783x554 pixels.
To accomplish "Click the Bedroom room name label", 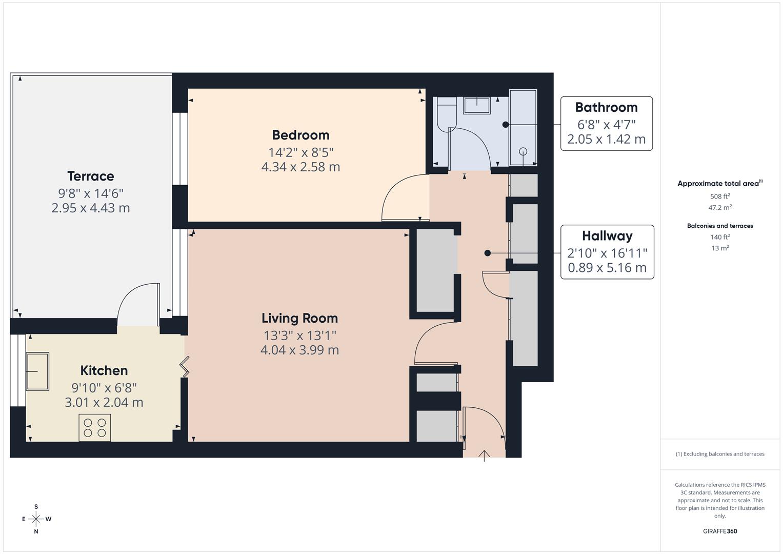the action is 300,135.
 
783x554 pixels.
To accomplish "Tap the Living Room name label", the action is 299,318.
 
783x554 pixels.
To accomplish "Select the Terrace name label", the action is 91,176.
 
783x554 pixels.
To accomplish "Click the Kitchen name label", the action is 104,370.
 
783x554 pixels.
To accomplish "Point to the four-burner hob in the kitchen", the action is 95,428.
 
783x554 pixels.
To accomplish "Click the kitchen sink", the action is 37,371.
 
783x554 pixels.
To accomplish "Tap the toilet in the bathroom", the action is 447,114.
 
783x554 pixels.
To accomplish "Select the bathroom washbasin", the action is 477,105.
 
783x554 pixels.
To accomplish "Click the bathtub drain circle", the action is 523,151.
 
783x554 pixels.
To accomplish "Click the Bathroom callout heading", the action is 607,107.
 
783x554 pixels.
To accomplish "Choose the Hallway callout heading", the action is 607,236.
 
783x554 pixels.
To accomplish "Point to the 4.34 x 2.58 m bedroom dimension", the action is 300,167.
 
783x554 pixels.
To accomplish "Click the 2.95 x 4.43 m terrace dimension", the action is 91,208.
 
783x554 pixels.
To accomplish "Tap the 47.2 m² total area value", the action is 720,207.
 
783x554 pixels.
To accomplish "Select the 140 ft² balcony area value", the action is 720,237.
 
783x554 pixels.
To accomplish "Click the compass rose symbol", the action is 36,519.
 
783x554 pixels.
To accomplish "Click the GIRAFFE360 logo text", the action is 720,531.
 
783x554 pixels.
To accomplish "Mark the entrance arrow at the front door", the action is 484,456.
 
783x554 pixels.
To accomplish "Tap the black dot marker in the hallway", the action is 488,253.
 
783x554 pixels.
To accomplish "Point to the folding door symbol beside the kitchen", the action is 185,367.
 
